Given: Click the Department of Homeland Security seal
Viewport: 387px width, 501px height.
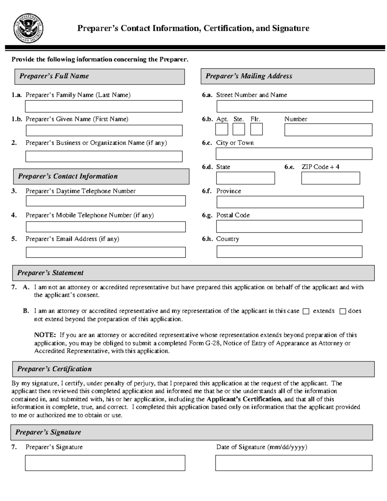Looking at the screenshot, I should (29, 29).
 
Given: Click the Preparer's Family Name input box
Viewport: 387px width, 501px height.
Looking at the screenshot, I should (104, 106).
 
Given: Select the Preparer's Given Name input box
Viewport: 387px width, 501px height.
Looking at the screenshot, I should (104, 130).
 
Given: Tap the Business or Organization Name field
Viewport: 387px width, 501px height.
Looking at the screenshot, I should (104, 156).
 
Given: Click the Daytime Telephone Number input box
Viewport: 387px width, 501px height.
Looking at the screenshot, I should (105, 201).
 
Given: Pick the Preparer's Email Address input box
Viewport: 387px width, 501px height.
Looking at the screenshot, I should (105, 252).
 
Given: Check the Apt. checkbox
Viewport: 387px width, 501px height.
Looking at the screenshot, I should (222, 129).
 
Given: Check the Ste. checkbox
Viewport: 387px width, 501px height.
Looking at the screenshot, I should (239, 129).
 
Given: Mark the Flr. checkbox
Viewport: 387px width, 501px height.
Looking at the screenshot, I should (256, 129).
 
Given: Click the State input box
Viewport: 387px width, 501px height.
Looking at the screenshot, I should (245, 178).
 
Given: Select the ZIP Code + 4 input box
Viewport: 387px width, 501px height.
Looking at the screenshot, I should (331, 178).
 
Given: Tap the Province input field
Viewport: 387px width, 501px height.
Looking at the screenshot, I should (290, 202).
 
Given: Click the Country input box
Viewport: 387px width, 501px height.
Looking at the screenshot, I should (289, 252).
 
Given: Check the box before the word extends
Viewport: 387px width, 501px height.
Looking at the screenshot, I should (306, 311).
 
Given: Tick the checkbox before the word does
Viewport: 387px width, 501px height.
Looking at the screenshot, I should (343, 311).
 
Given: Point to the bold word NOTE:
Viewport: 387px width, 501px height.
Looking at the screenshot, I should (45, 335).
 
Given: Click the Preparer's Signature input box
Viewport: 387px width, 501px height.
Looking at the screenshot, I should (105, 463).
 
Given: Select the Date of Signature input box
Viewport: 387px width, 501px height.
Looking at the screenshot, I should (293, 463).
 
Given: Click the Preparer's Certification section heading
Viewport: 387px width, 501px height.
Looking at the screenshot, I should (54, 369).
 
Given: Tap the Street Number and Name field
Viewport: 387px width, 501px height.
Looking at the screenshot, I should (294, 106).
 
